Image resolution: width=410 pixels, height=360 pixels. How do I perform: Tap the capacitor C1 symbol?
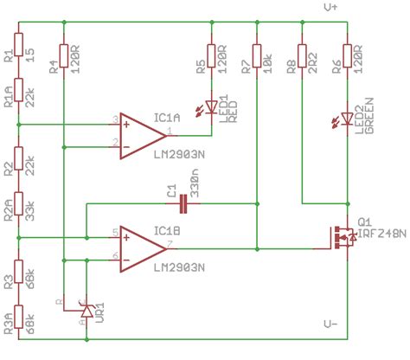(x=183, y=204)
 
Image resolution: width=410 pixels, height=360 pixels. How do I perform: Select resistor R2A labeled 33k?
(x=19, y=219)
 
